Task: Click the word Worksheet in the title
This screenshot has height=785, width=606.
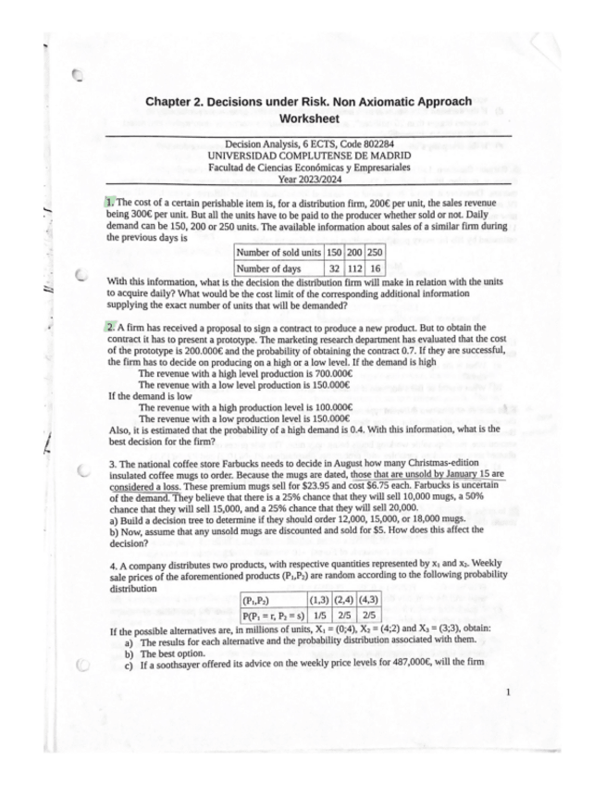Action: click(309, 118)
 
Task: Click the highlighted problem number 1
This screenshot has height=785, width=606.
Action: click(109, 202)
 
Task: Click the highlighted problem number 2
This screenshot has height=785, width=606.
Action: click(109, 328)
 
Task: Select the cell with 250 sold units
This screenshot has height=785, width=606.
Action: click(375, 253)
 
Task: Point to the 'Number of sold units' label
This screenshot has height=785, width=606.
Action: click(279, 253)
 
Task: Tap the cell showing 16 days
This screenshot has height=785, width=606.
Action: click(375, 268)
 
